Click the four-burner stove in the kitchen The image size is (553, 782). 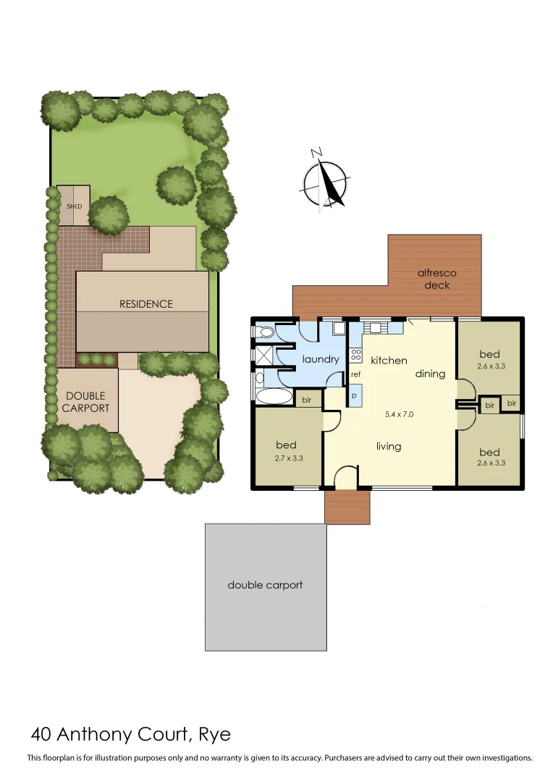click(x=355, y=355)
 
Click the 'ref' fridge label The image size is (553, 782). click(x=355, y=375)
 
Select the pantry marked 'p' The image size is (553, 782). click(x=355, y=396)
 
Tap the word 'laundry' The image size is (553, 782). click(x=321, y=359)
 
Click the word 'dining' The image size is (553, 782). click(x=430, y=374)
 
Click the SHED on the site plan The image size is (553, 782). click(x=74, y=206)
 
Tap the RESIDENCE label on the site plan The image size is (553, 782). click(x=146, y=304)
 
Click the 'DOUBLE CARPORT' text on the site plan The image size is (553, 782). click(x=85, y=402)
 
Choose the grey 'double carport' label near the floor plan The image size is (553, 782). click(x=265, y=585)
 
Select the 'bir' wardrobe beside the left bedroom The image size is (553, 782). click(x=306, y=400)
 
